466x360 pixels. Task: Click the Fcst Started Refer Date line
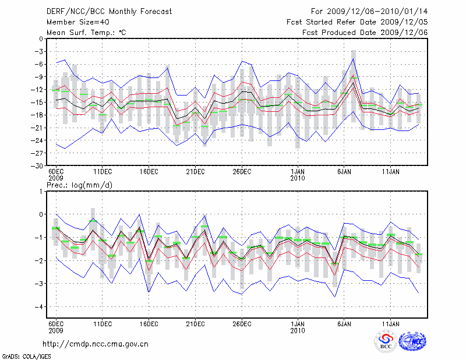coord(357,22)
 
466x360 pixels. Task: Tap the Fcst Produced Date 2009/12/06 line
coord(365,32)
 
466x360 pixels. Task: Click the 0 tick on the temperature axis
coord(41,39)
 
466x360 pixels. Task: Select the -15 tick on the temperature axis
coord(39,102)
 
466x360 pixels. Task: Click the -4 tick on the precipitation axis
coord(40,306)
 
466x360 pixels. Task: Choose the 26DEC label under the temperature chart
coord(242,172)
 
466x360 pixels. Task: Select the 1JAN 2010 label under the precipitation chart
coord(298,326)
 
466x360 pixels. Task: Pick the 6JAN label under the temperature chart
coord(344,172)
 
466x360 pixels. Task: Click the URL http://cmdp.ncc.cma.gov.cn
coord(96,344)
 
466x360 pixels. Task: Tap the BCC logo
coord(386,341)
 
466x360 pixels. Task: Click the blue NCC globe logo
coord(412,341)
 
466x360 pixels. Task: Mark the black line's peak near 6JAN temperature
coord(353,82)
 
